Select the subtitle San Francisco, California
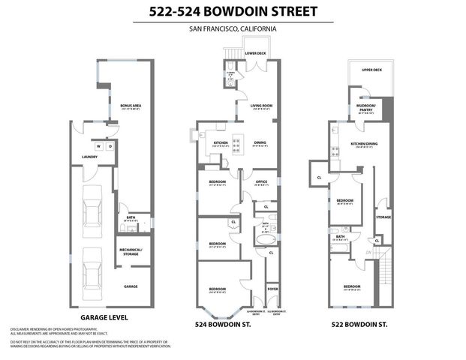tap(233, 28)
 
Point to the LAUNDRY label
tap(90, 157)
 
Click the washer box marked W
tap(98, 146)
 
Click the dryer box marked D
tap(110, 146)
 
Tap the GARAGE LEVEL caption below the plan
tap(106, 317)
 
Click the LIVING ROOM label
tap(260, 106)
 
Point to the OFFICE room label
tap(261, 181)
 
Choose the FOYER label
tap(272, 286)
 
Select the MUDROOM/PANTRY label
tap(365, 108)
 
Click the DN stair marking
tap(370, 252)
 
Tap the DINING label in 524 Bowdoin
tap(259, 142)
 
